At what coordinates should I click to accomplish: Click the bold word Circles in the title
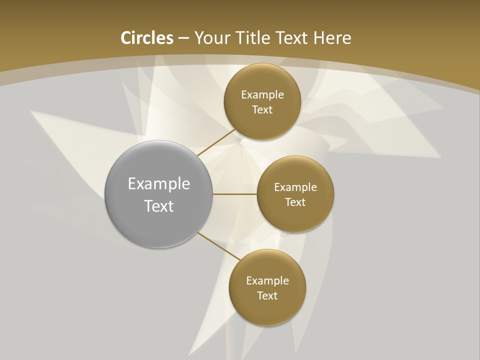coord(147,38)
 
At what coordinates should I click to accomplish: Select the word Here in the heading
coord(332,38)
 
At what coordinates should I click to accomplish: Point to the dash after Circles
coord(183,38)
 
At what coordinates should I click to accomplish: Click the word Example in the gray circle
coord(159,184)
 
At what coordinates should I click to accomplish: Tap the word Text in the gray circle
coord(159,206)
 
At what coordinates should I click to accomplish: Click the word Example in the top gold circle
coord(262,95)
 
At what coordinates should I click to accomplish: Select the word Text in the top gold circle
coord(262,110)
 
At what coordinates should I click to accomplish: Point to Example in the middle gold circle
coord(295,187)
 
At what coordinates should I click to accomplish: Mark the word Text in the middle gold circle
coord(295,202)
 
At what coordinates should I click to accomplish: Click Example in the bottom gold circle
coord(267,281)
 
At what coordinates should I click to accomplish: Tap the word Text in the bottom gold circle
coord(267,296)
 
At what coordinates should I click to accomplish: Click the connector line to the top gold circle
coord(216,142)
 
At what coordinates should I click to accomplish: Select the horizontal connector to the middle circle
coord(234,194)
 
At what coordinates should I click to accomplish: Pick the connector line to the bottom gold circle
coord(219,246)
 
